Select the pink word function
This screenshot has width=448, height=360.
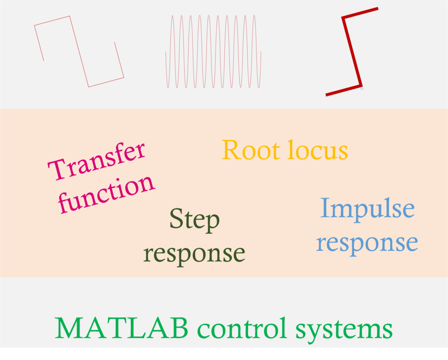(107, 194)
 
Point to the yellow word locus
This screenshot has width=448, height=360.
(317, 150)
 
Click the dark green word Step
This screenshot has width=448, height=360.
(194, 220)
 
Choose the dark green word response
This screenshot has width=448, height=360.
(194, 253)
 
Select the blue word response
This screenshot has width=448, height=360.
(367, 242)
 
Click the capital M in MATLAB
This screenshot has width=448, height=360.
(70, 328)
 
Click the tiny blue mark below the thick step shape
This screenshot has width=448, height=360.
(362, 89)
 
